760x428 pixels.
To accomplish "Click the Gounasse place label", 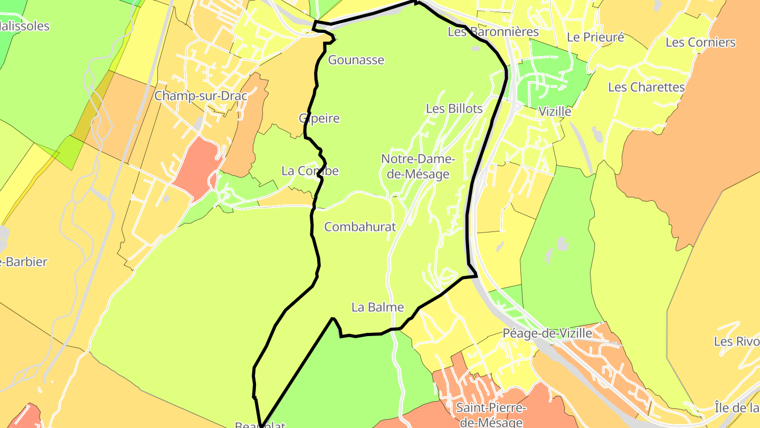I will click(356, 60).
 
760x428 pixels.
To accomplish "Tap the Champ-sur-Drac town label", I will click(201, 96).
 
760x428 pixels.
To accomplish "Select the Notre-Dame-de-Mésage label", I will click(417, 166).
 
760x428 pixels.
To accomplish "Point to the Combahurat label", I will click(360, 227).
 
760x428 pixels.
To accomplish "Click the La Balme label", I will click(377, 307).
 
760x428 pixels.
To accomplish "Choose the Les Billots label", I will click(454, 109).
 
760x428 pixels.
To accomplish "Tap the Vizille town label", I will click(555, 111).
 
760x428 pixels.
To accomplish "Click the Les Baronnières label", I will click(493, 32).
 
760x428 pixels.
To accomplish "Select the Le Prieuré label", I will click(595, 37).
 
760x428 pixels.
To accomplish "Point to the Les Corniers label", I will click(700, 42).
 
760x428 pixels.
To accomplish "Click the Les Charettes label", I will click(646, 87).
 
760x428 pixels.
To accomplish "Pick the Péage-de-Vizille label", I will click(547, 333).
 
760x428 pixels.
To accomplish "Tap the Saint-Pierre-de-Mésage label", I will click(491, 414).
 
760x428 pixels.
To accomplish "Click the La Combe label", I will click(310, 171).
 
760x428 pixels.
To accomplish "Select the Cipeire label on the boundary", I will click(319, 118).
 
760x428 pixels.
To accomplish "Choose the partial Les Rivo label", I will click(736, 341).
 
